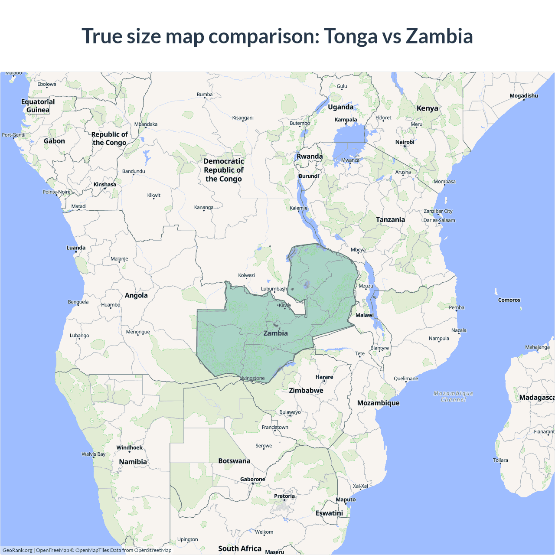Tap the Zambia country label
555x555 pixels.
pyautogui.click(x=275, y=333)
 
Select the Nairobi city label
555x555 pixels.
pyautogui.click(x=405, y=142)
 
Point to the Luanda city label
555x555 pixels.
pyautogui.click(x=76, y=248)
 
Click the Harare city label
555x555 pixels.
pyautogui.click(x=324, y=377)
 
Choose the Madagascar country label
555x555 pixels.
pyautogui.click(x=537, y=398)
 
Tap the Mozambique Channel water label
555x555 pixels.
pyautogui.click(x=453, y=396)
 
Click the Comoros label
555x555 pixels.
pyautogui.click(x=509, y=300)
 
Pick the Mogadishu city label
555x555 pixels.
pyautogui.click(x=523, y=96)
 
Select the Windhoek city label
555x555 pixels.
pyautogui.click(x=129, y=448)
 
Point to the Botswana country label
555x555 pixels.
pyautogui.click(x=234, y=461)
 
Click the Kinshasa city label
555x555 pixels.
pyautogui.click(x=105, y=185)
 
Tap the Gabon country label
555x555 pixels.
pyautogui.click(x=54, y=141)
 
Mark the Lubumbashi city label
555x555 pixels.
pyautogui.click(x=274, y=289)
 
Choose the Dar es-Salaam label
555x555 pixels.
pyautogui.click(x=439, y=220)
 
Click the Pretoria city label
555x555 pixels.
pyautogui.click(x=284, y=496)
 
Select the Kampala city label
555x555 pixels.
pyautogui.click(x=346, y=120)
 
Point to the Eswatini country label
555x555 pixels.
pyautogui.click(x=329, y=513)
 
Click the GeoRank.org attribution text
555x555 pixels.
pyautogui.click(x=17, y=550)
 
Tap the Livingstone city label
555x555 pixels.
pyautogui.click(x=252, y=379)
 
